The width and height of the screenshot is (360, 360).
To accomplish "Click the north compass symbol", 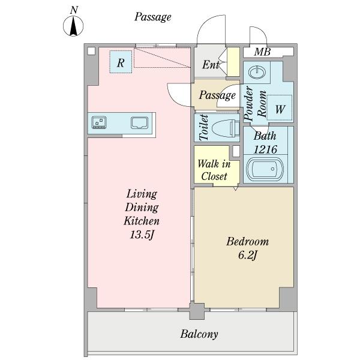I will tap(73, 28).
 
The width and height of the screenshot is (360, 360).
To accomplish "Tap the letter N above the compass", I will tap(73, 10).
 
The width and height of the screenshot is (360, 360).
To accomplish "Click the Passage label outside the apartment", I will tap(152, 17).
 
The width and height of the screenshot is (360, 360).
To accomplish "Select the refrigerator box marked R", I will tap(121, 62).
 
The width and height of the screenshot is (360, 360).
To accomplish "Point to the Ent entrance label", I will tap(210, 65).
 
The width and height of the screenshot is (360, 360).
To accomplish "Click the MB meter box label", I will tap(262, 52).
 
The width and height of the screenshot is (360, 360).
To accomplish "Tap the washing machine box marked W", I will tap(280, 109).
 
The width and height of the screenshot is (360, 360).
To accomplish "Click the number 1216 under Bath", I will tap(264, 149).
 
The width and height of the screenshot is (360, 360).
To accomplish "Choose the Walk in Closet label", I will tap(214, 170).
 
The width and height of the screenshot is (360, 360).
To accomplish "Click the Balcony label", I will tap(199, 334).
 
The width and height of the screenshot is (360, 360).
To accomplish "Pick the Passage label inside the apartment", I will tap(217, 95).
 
